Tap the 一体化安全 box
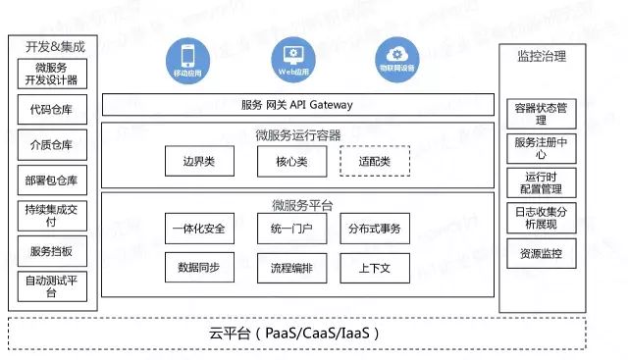click(x=199, y=230)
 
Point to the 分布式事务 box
click(x=375, y=230)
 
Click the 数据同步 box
click(x=199, y=267)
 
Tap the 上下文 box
click(x=375, y=267)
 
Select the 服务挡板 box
click(x=52, y=251)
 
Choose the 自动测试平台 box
click(x=52, y=286)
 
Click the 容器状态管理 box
click(x=541, y=113)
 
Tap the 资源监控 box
click(x=541, y=253)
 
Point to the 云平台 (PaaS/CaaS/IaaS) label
click(x=294, y=333)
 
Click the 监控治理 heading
click(x=541, y=56)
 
